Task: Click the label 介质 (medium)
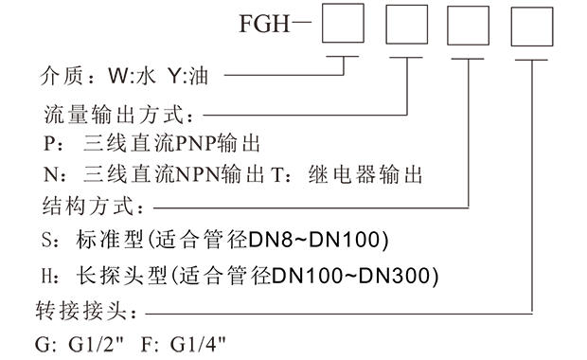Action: point(63,75)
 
